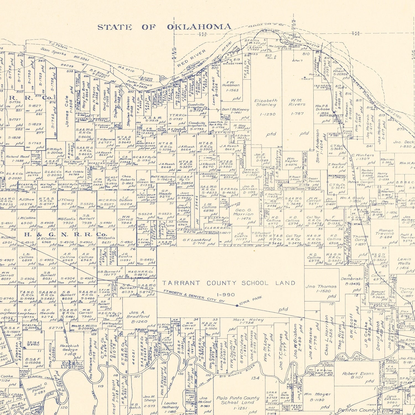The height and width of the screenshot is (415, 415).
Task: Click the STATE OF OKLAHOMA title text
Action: (164, 27)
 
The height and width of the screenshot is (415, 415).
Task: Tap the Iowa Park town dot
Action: (237, 306)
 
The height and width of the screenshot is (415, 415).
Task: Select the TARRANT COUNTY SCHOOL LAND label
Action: (229, 283)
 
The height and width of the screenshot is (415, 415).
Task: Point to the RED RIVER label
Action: (191, 58)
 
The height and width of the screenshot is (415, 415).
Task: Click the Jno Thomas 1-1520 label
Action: (321, 289)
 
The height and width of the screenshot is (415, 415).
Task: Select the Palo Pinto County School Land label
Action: (238, 400)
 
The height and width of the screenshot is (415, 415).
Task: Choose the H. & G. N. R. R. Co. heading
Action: (66, 235)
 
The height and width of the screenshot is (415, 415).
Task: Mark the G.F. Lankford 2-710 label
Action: (197, 242)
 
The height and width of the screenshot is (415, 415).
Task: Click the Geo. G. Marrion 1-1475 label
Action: (243, 214)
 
